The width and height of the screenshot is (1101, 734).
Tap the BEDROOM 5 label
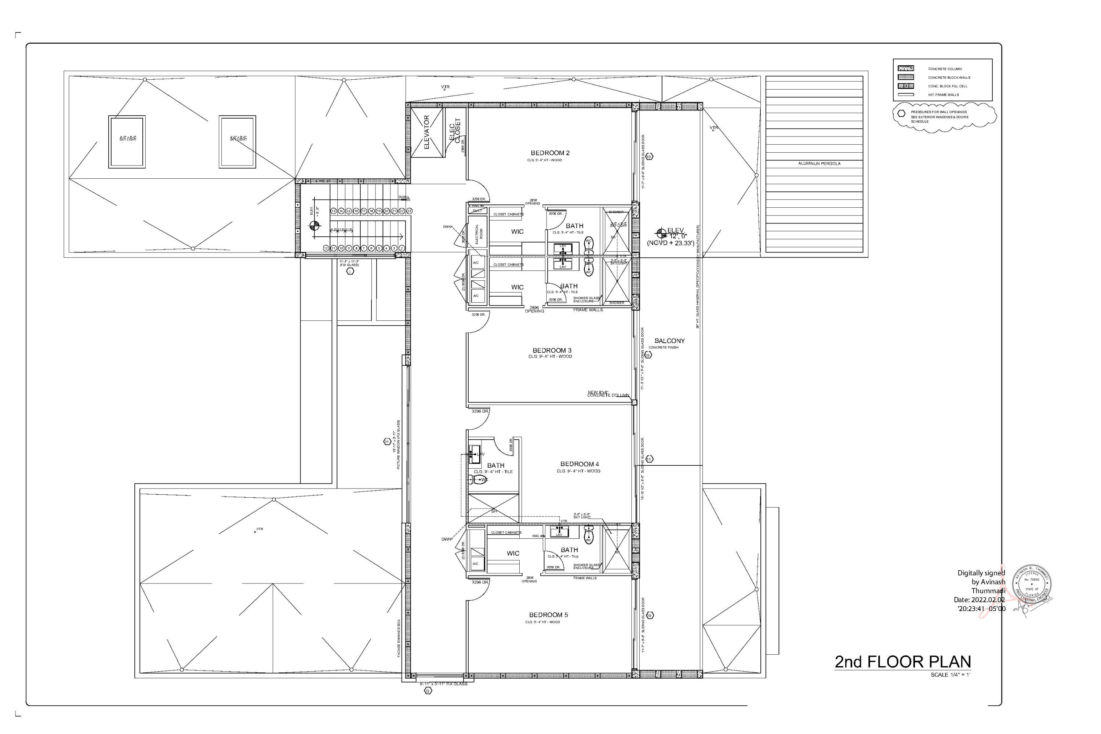548,615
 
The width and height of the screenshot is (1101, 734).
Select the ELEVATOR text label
426,132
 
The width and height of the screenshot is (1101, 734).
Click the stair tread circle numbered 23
409,211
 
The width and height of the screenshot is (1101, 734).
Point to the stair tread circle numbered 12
326,248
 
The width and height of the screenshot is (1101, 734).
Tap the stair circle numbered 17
364,211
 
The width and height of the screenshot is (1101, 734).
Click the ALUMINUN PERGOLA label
819,164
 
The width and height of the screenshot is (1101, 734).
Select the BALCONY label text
669,341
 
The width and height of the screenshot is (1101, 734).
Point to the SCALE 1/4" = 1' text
950,675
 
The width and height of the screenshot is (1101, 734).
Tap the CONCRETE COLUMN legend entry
944,69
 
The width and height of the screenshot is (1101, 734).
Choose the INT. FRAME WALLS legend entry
943,95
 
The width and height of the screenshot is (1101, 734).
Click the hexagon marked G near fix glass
428,690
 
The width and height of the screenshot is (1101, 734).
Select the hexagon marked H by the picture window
387,442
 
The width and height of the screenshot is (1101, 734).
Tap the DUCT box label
477,211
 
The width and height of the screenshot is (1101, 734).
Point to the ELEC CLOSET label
455,131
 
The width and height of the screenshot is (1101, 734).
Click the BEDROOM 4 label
579,464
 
